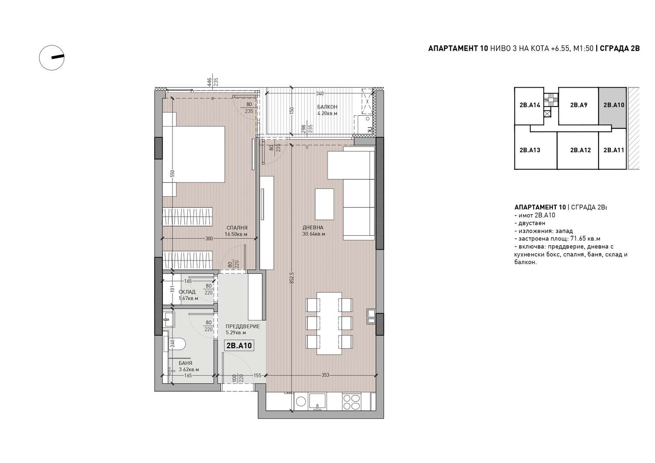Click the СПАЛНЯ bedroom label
[237, 228]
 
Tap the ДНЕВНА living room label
[313, 227]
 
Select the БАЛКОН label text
[327, 107]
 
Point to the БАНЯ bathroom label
[186, 363]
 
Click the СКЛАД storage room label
[187, 292]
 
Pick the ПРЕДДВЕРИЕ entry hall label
[243, 326]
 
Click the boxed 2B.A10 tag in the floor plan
[239, 346]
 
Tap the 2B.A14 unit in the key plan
[530, 105]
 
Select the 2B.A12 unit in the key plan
[580, 150]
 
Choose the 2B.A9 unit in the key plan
[579, 105]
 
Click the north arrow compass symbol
[52, 58]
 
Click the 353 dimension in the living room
[325, 375]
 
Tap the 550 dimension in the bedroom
[172, 174]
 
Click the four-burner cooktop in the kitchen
[352, 402]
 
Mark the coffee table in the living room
[324, 204]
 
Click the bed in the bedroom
[193, 154]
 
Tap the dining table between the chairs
[329, 323]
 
